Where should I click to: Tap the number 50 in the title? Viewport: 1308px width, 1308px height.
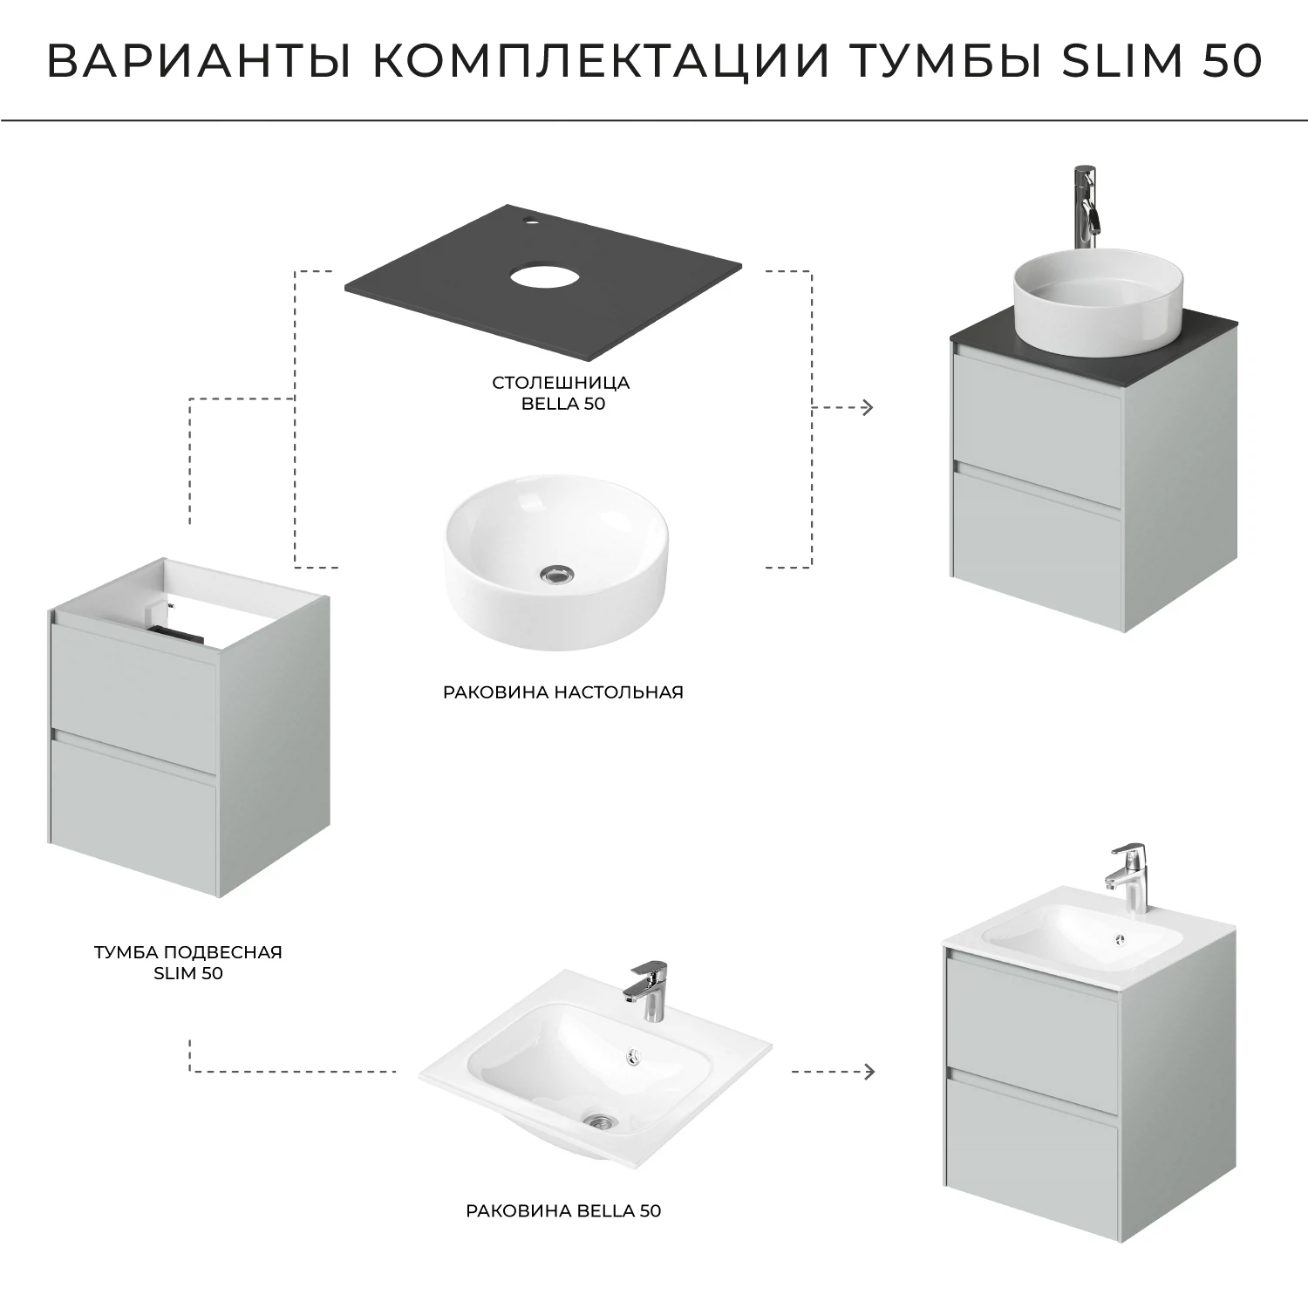(x=1231, y=59)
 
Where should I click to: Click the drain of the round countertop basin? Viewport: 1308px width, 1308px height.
(x=555, y=573)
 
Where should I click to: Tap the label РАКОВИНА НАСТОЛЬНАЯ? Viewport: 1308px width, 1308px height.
(x=562, y=692)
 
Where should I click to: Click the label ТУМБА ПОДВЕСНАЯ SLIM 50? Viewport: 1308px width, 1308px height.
(x=188, y=963)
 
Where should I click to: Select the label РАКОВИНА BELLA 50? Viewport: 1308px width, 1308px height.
(x=563, y=1210)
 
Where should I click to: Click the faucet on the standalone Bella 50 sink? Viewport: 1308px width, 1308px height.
(x=647, y=989)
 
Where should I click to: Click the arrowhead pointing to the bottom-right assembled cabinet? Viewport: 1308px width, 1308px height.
(x=868, y=1071)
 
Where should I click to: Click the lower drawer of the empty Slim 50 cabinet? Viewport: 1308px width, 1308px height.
(x=133, y=795)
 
